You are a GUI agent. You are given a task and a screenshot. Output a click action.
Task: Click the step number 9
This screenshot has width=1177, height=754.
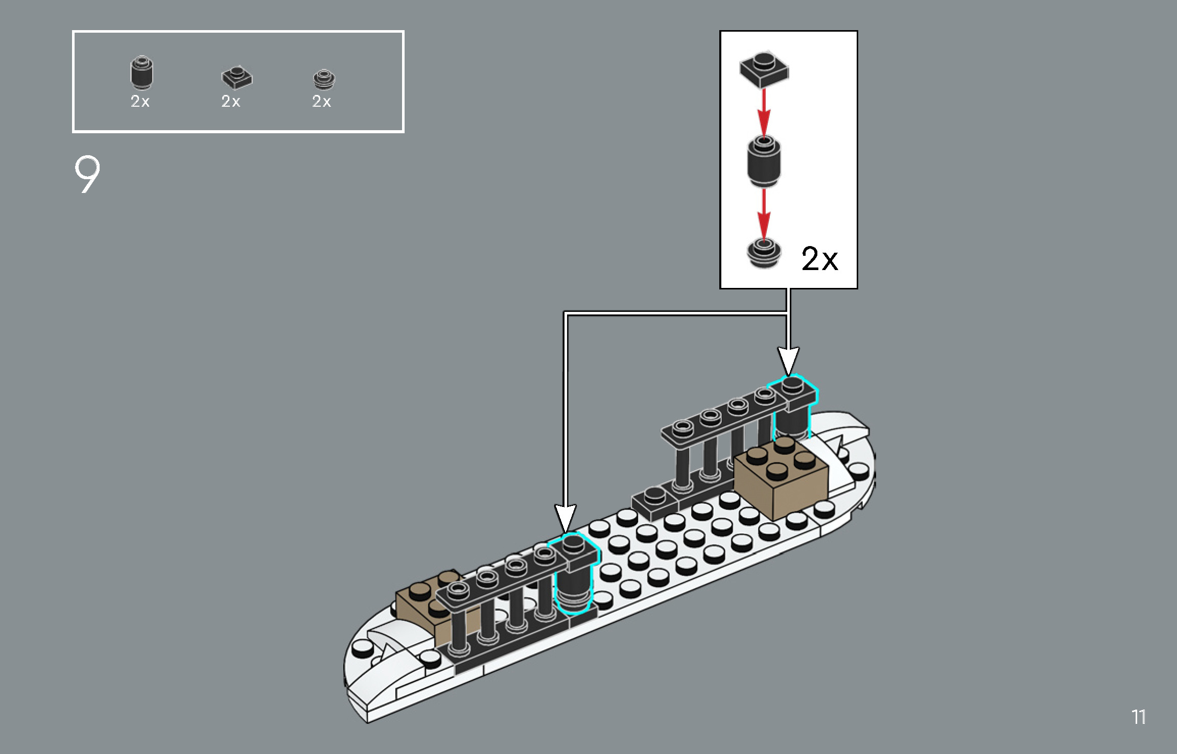pyautogui.click(x=87, y=175)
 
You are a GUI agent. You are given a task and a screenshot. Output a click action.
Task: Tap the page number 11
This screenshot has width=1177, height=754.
pyautogui.click(x=1139, y=717)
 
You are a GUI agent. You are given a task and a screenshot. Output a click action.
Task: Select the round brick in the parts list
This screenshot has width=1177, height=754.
pyautogui.click(x=142, y=72)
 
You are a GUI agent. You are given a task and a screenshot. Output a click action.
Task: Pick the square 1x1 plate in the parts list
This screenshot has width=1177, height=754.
pyautogui.click(x=237, y=77)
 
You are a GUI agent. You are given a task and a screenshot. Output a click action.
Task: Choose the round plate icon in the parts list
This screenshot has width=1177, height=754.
pyautogui.click(x=324, y=79)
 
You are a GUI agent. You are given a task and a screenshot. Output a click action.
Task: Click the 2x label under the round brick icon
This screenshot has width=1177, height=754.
pyautogui.click(x=140, y=101)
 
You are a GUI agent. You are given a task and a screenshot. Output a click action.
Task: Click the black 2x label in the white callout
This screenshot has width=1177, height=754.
pyautogui.click(x=819, y=258)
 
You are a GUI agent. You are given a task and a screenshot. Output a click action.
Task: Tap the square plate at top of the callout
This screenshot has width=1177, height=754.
pyautogui.click(x=764, y=69)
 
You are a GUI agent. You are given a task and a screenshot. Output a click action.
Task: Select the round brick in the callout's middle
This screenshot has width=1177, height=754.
pyautogui.click(x=763, y=161)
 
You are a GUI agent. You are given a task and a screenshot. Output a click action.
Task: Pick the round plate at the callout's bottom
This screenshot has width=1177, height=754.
pyautogui.click(x=763, y=253)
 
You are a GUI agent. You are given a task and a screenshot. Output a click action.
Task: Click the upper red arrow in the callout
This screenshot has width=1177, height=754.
pyautogui.click(x=764, y=112)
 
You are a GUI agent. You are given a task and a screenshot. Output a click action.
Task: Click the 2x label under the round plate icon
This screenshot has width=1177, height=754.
pyautogui.click(x=321, y=101)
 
